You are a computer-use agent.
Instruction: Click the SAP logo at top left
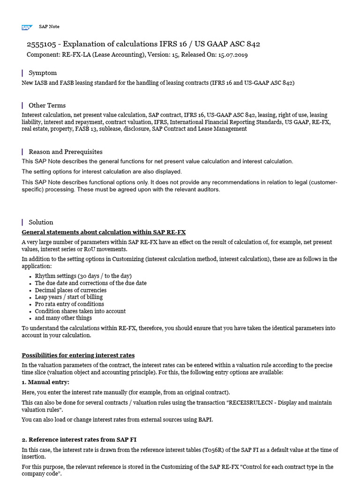point(27,27)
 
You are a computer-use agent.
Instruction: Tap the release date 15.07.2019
point(232,55)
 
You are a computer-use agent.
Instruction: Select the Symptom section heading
point(43,73)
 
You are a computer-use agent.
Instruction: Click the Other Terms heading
point(47,105)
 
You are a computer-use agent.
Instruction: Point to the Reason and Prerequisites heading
point(65,152)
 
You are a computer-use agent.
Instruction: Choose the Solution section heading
point(41,222)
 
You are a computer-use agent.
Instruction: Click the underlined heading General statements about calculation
point(104,232)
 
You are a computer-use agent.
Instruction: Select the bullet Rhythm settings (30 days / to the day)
point(83,276)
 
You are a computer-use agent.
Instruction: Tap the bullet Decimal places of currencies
point(70,290)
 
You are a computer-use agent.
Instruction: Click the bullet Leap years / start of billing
point(68,297)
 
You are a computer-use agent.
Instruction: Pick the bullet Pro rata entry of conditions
point(69,304)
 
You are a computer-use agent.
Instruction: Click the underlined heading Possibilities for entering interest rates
point(78,355)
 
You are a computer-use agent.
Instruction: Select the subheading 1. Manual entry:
point(45,382)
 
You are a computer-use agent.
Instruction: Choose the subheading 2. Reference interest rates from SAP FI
point(79,439)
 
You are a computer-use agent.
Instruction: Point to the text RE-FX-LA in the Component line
point(75,55)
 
